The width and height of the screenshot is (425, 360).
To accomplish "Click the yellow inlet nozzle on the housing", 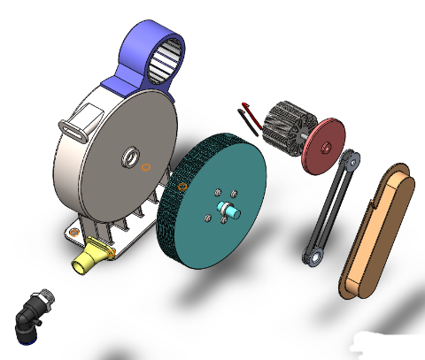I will pyautogui.click(x=89, y=259).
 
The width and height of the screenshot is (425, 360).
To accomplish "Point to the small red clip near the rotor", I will pyautogui.click(x=248, y=119).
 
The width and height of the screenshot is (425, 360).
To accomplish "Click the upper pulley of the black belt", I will pyautogui.click(x=352, y=161).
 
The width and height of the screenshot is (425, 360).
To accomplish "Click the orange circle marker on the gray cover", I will pyautogui.click(x=147, y=165).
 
